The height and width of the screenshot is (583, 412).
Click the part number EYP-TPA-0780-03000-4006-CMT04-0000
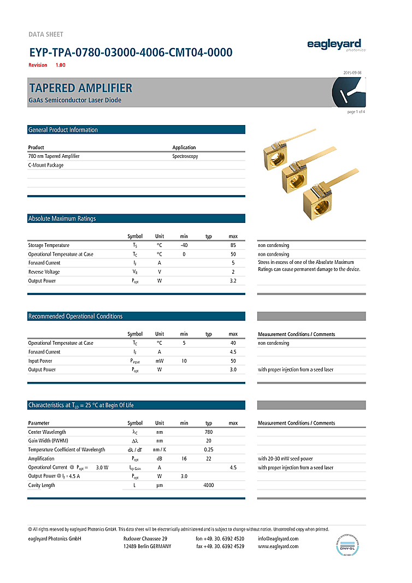(131, 52)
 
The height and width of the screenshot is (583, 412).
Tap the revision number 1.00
(60, 65)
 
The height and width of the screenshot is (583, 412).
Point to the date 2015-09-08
(352, 72)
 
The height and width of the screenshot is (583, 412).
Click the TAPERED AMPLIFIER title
(80, 88)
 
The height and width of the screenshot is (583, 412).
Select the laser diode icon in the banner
(348, 92)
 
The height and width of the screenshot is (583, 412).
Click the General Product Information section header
(63, 130)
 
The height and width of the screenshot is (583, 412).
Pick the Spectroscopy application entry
(185, 156)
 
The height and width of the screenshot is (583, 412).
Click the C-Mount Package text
(46, 165)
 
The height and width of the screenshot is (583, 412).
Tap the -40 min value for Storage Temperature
(184, 245)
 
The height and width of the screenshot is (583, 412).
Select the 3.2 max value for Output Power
(233, 281)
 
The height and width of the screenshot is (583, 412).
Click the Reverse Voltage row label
(44, 272)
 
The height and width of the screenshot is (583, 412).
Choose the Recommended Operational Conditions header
(75, 316)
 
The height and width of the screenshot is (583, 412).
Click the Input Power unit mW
(159, 361)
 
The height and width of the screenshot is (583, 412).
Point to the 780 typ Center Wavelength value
(208, 432)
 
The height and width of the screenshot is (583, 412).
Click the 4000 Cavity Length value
(208, 485)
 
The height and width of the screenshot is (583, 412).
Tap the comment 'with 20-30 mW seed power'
(285, 459)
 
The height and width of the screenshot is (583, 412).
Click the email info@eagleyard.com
(278, 539)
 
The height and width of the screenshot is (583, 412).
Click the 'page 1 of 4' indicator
(356, 112)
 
